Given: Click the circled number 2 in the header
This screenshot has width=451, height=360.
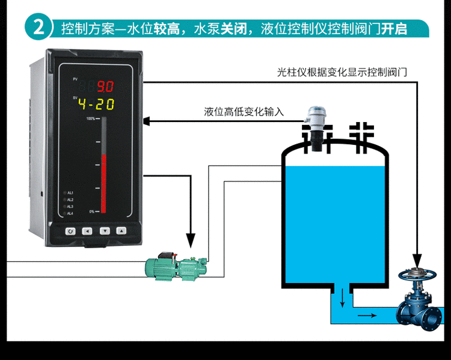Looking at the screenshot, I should [x=39, y=28].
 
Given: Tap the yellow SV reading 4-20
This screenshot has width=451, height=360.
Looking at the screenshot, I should [x=97, y=104].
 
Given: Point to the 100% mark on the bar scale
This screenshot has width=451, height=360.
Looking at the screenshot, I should [x=90, y=119].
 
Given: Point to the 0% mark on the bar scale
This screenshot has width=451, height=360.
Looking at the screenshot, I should [x=91, y=212].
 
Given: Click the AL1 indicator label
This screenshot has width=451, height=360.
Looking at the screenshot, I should [x=70, y=192].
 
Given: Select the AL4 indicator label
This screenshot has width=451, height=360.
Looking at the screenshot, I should [x=70, y=213].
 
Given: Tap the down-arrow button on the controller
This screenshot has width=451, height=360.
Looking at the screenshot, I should [x=105, y=231].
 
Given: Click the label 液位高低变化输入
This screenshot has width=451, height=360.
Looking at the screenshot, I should [x=244, y=112].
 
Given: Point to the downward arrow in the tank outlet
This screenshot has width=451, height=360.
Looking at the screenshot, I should [x=342, y=295].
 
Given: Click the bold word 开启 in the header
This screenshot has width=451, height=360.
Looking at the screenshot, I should [x=394, y=28].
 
